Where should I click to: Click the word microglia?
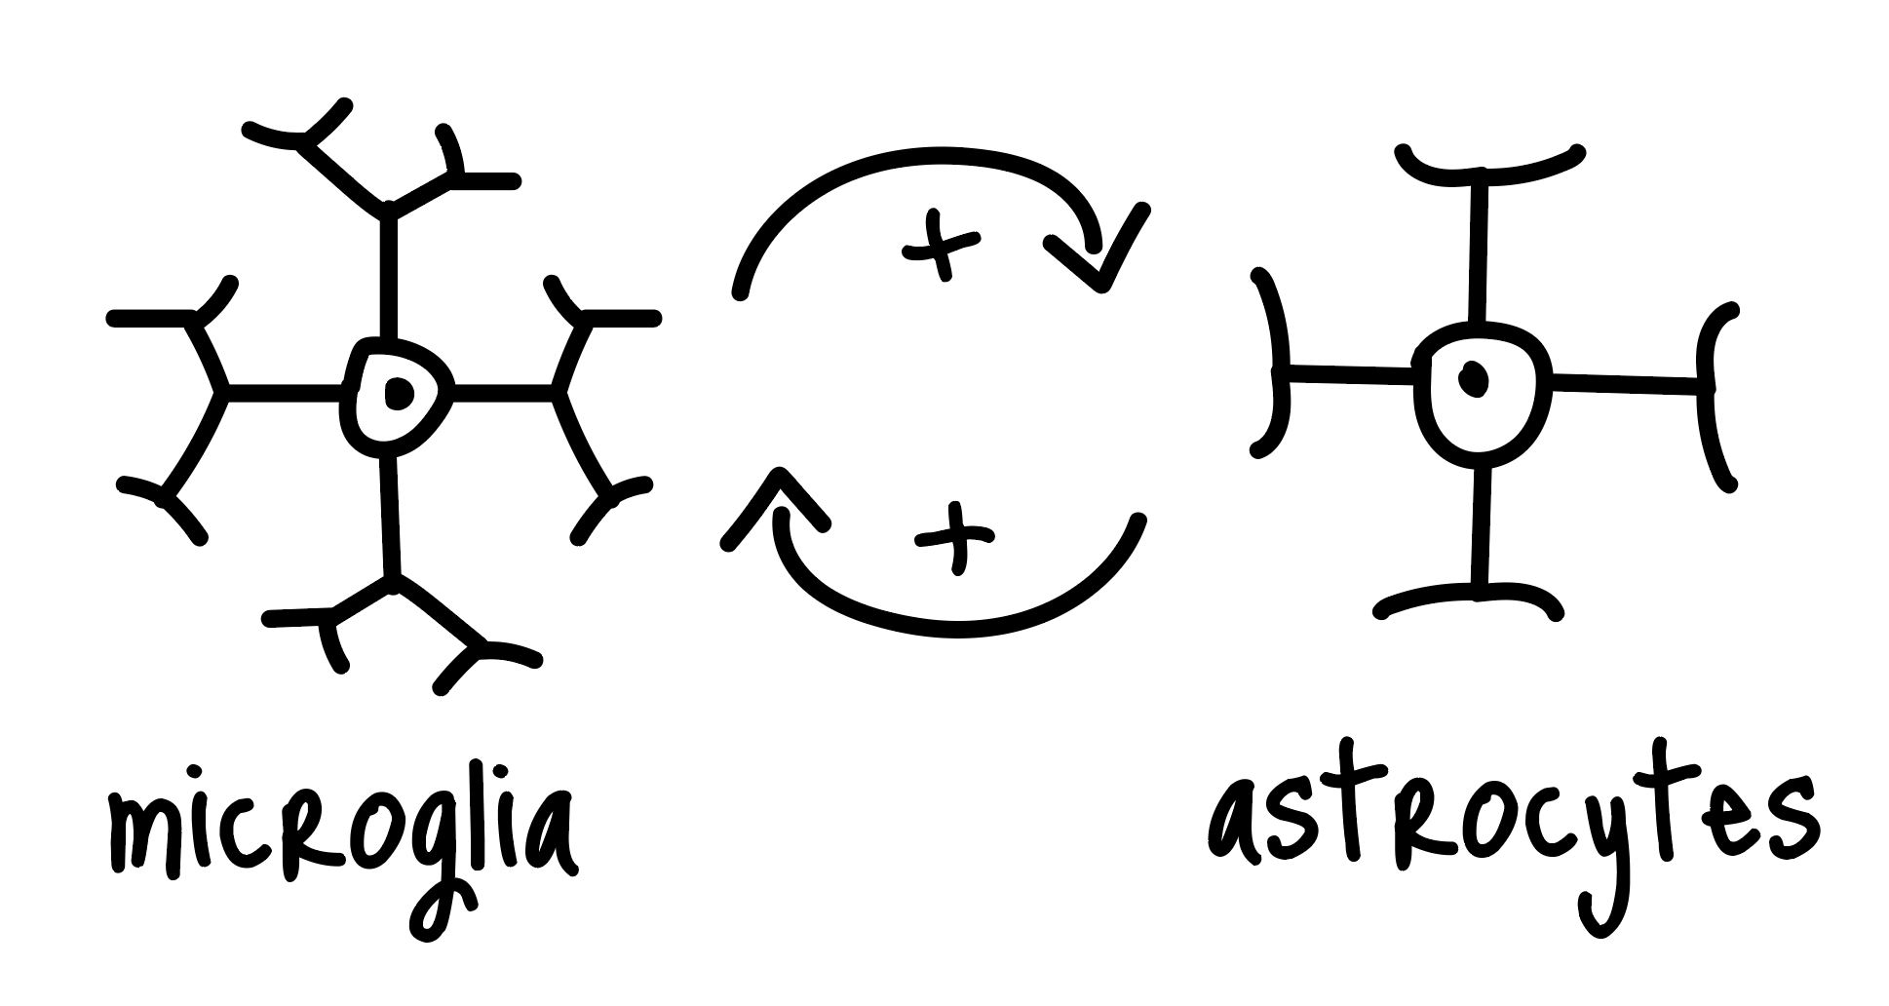(341, 838)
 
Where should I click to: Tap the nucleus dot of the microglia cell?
(398, 393)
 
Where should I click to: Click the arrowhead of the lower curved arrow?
(775, 507)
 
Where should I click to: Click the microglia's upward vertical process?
(389, 273)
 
